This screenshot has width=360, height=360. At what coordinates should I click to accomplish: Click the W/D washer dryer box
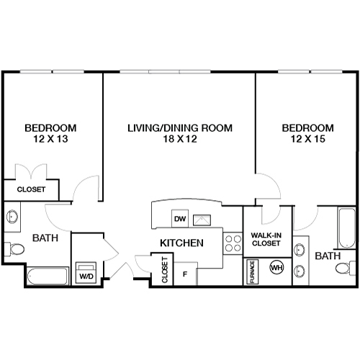(x=86, y=271)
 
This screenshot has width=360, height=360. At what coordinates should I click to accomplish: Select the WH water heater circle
(x=275, y=268)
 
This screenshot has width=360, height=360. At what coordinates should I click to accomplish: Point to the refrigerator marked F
(x=185, y=274)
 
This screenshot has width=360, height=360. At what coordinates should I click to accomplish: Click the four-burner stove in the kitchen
(x=233, y=243)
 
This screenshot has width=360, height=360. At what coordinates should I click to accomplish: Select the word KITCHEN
(x=180, y=243)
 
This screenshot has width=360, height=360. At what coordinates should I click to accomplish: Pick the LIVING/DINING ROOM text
(x=179, y=128)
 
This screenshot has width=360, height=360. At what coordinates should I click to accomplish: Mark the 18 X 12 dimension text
(x=179, y=140)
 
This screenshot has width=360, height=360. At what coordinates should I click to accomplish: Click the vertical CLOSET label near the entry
(x=164, y=269)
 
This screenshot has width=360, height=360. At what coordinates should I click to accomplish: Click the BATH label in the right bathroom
(x=327, y=256)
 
